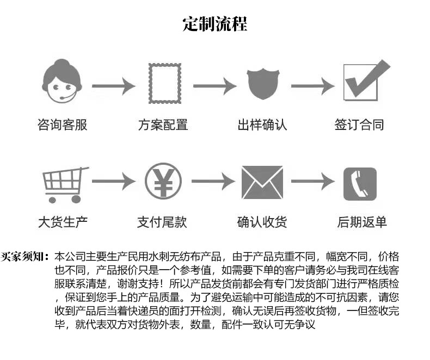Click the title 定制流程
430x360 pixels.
pyautogui.click(x=215, y=24)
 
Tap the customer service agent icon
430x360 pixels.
pyautogui.click(x=62, y=82)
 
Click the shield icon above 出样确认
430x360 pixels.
pyautogui.click(x=262, y=85)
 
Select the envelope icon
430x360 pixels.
pyautogui.click(x=262, y=183)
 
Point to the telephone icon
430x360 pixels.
pyautogui.click(x=360, y=184)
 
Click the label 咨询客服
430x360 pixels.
pyautogui.click(x=62, y=125)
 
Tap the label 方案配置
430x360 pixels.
pyautogui.click(x=162, y=125)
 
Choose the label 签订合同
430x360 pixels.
pyautogui.click(x=360, y=125)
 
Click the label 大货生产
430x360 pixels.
pyautogui.click(x=62, y=222)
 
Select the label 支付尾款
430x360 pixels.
pyautogui.click(x=162, y=222)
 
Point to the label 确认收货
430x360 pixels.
pyautogui.click(x=262, y=222)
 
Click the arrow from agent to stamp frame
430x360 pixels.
pyautogui.click(x=113, y=86)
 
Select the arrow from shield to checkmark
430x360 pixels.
pyautogui.click(x=312, y=86)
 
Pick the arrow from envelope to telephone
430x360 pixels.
pyautogui.click(x=312, y=182)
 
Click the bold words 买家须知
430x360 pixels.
pyautogui.click(x=26, y=256)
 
